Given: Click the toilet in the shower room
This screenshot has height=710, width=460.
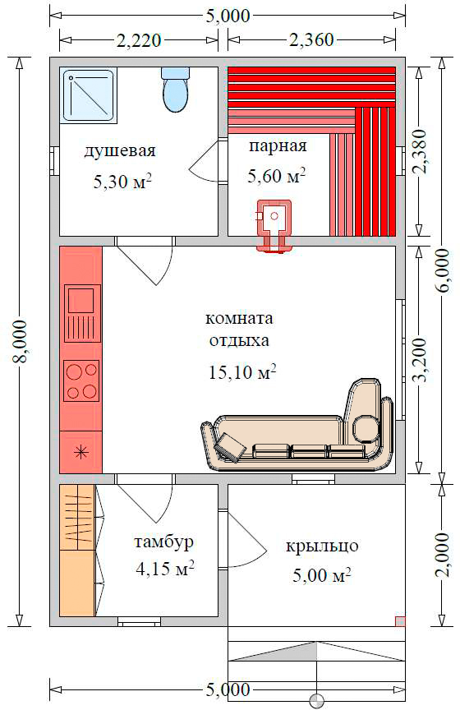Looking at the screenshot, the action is pyautogui.click(x=175, y=90).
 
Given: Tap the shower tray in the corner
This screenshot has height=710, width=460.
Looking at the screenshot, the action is pyautogui.click(x=90, y=95).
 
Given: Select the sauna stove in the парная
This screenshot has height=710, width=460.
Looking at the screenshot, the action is pyautogui.click(x=274, y=225).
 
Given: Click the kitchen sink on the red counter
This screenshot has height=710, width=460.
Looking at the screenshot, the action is pyautogui.click(x=82, y=313).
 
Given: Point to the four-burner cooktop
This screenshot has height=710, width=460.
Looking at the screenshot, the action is pyautogui.click(x=81, y=380).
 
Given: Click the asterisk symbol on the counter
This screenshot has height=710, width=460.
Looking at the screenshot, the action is pyautogui.click(x=81, y=451).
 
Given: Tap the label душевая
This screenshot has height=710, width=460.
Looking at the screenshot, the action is pyautogui.click(x=120, y=150).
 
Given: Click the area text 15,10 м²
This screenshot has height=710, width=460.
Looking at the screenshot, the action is pyautogui.click(x=242, y=371).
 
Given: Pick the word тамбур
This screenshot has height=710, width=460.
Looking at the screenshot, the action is pyautogui.click(x=164, y=542).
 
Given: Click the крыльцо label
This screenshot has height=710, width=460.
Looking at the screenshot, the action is pyautogui.click(x=322, y=546).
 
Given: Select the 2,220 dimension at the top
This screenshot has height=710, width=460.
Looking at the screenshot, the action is pyautogui.click(x=139, y=40).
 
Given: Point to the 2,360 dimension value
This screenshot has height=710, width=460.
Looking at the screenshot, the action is pyautogui.click(x=311, y=39).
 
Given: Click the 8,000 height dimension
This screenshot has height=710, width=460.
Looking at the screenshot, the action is pyautogui.click(x=20, y=341).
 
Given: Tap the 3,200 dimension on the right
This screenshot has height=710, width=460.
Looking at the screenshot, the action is pyautogui.click(x=419, y=360).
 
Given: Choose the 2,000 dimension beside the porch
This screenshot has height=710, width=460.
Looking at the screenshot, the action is pyautogui.click(x=443, y=556).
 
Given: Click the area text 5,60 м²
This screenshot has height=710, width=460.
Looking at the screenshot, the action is pyautogui.click(x=276, y=176).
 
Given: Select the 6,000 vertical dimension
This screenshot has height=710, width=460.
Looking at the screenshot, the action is pyautogui.click(x=443, y=271).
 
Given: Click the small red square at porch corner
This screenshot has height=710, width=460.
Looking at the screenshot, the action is pyautogui.click(x=400, y=621).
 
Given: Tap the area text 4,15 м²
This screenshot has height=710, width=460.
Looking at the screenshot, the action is pyautogui.click(x=165, y=569).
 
